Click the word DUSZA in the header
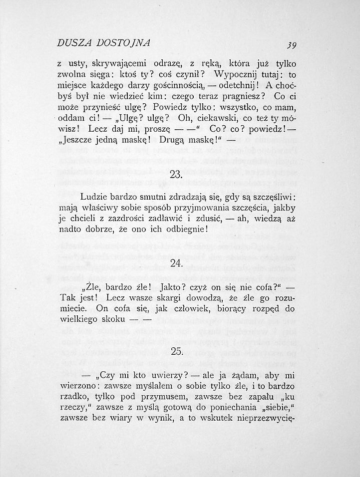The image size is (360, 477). (x=73, y=43)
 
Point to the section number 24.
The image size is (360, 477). (x=177, y=264)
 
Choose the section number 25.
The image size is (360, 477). (x=177, y=352)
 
